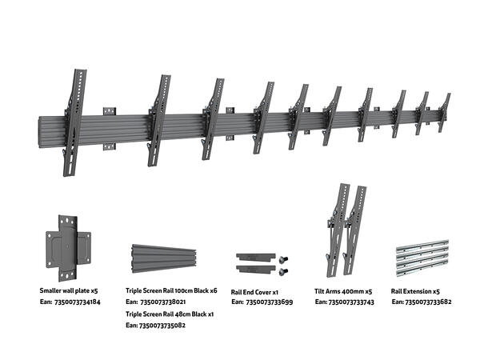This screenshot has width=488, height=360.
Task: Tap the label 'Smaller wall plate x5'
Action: pyautogui.click(x=70, y=291)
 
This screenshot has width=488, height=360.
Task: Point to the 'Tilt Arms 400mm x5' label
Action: pyautogui.click(x=344, y=292)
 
